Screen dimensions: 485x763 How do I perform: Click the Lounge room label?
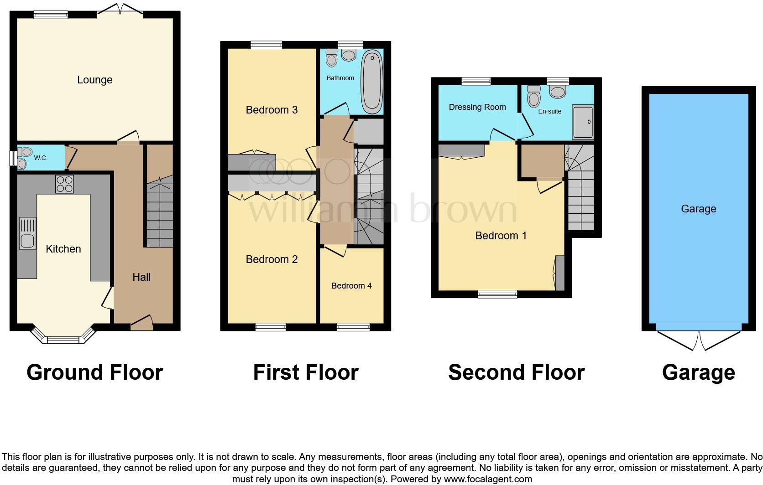point(94,80)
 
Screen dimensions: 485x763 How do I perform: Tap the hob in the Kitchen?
point(64,184)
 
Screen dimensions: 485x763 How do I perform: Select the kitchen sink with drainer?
point(27,233)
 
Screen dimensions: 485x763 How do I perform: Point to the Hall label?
point(141,277)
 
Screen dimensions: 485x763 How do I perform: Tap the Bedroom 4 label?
point(351,286)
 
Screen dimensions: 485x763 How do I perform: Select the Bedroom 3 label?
point(272,110)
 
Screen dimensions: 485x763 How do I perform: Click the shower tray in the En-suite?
point(583,122)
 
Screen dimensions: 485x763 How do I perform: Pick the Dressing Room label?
point(477,107)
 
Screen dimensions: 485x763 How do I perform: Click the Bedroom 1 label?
point(501,236)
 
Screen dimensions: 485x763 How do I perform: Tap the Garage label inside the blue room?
point(698,209)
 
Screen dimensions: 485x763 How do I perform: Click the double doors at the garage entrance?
point(699,340)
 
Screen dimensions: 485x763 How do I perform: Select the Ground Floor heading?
point(94,372)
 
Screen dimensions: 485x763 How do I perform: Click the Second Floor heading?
point(516,372)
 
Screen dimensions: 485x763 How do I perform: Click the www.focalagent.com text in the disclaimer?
point(487,479)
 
